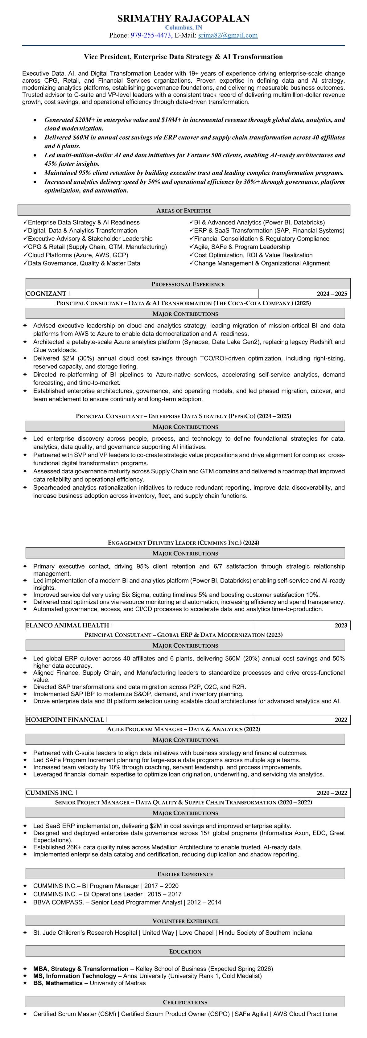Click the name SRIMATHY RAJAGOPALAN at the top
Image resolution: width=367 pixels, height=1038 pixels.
point(183,19)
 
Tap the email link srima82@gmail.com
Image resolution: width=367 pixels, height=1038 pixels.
point(228,35)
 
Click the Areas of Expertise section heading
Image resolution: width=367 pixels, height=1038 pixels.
point(184,210)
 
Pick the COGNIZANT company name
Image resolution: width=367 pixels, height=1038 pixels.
point(46,294)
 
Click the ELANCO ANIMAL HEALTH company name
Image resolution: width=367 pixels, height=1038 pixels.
point(67,625)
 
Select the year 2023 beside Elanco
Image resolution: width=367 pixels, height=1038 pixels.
point(340,625)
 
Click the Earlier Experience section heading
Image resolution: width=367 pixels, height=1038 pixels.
point(185,874)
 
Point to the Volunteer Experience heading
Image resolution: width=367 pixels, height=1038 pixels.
point(185,921)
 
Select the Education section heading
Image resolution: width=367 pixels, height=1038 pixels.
point(185,951)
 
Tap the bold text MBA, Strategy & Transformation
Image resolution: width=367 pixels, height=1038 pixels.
point(80,969)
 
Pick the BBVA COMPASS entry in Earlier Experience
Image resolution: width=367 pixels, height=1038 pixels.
point(58,902)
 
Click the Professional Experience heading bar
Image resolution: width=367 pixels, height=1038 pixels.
point(188,284)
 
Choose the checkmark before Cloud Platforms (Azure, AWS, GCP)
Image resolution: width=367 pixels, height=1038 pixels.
point(25,255)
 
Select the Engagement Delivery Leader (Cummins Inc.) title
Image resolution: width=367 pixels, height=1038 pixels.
point(183,543)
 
